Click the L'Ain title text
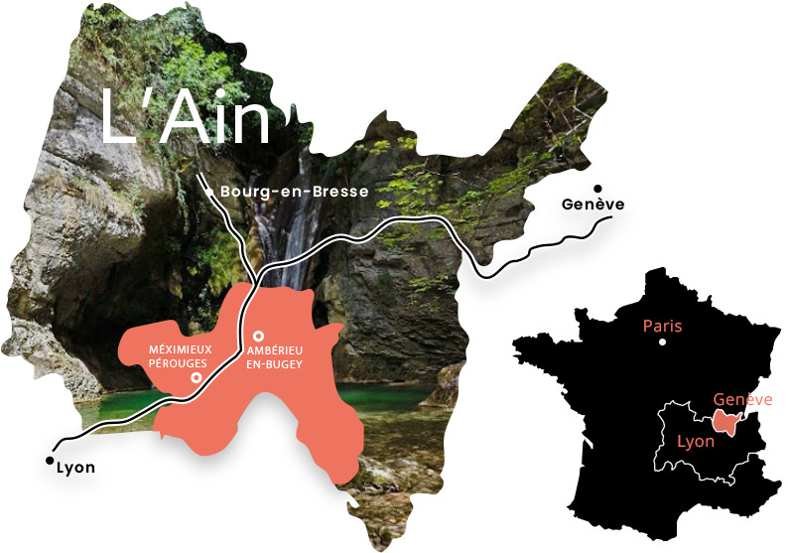[186, 117]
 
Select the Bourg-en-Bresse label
[281, 191]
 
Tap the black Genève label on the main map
[592, 205]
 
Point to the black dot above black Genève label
[597, 188]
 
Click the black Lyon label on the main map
[76, 468]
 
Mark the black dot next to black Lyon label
[50, 461]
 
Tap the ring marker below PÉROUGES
[197, 378]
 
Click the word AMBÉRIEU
[274, 352]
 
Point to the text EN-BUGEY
[274, 365]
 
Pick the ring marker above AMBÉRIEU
[258, 337]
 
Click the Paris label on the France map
[662, 326]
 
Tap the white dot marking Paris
[662, 343]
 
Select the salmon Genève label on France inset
[742, 399]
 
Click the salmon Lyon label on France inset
[695, 441]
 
